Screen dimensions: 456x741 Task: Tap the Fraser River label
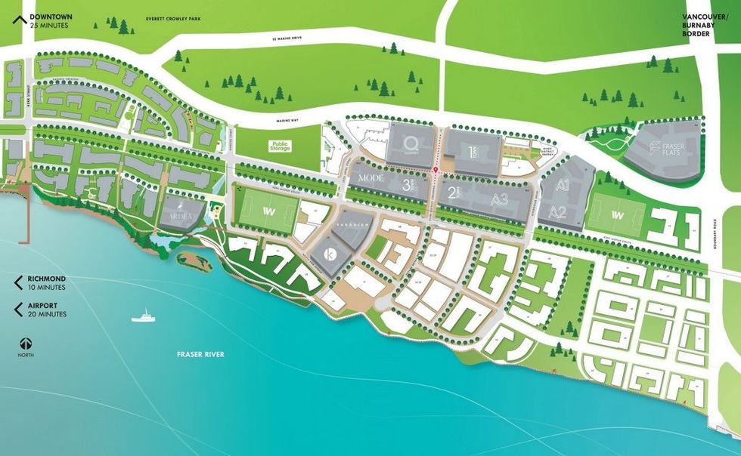click(200, 354)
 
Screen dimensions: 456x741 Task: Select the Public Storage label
click(280, 145)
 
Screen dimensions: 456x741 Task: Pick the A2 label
click(558, 211)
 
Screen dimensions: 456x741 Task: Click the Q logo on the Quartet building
click(411, 142)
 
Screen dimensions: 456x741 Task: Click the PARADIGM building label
click(352, 224)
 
